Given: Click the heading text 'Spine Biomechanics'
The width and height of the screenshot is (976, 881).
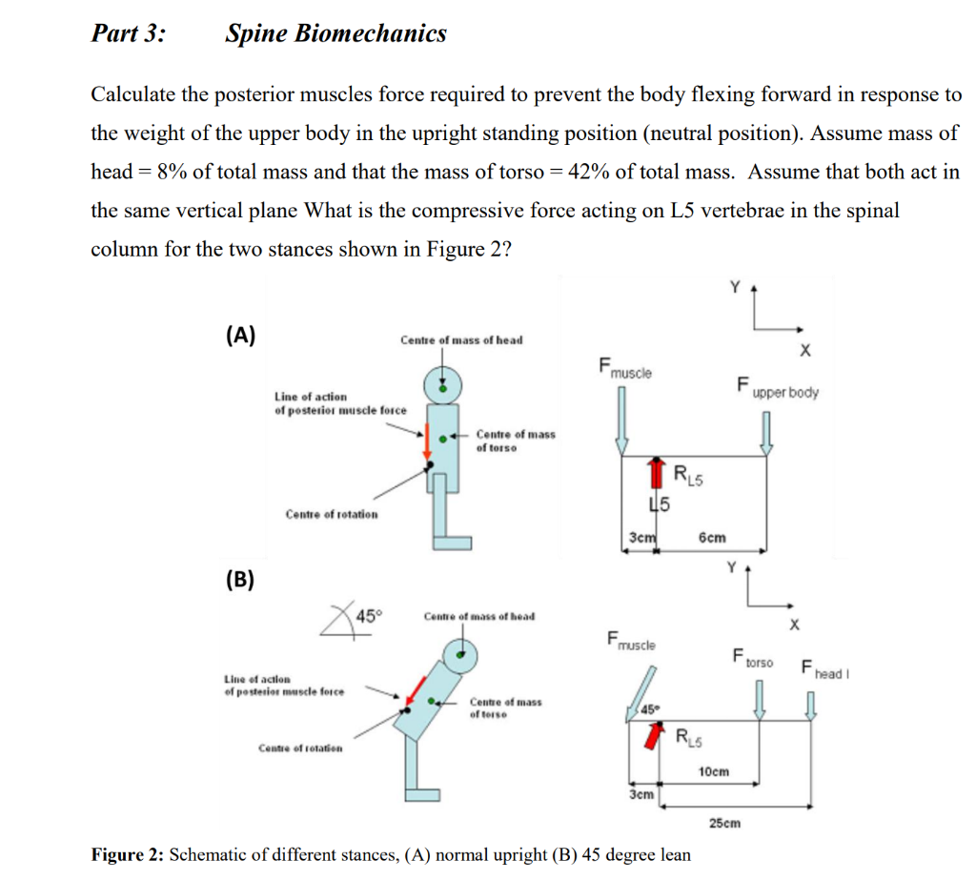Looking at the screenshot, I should coord(335,34).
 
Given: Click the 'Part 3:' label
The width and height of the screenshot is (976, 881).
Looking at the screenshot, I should coord(127,34).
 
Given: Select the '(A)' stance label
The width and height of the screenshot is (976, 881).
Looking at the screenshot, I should coord(240,335).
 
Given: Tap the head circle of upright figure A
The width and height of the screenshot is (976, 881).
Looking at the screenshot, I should coord(442,384).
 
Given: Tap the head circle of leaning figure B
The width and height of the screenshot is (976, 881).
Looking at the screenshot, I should coord(462,653).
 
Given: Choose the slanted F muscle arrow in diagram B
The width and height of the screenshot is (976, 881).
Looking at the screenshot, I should coord(641,688).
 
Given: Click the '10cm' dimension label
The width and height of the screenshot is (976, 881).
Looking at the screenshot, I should coord(714,770).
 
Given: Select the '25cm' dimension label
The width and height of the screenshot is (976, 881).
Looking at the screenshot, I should coord(725,822).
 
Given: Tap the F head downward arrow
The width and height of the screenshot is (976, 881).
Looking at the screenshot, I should coord(811,704).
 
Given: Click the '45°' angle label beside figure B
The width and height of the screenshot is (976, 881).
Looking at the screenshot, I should coord(367,615).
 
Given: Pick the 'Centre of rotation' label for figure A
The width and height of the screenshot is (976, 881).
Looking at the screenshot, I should coord(331,514).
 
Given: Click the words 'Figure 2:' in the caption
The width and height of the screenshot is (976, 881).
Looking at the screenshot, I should coord(127,854).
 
